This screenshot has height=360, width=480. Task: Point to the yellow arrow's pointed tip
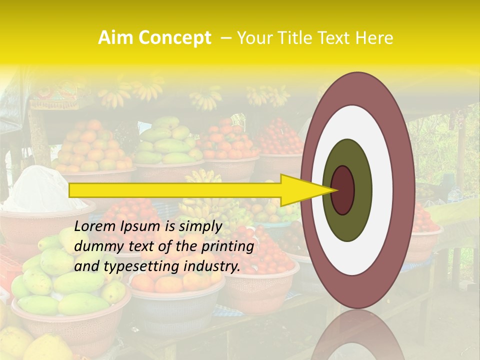pos(335,190)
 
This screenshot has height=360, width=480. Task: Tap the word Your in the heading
pos(250,38)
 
